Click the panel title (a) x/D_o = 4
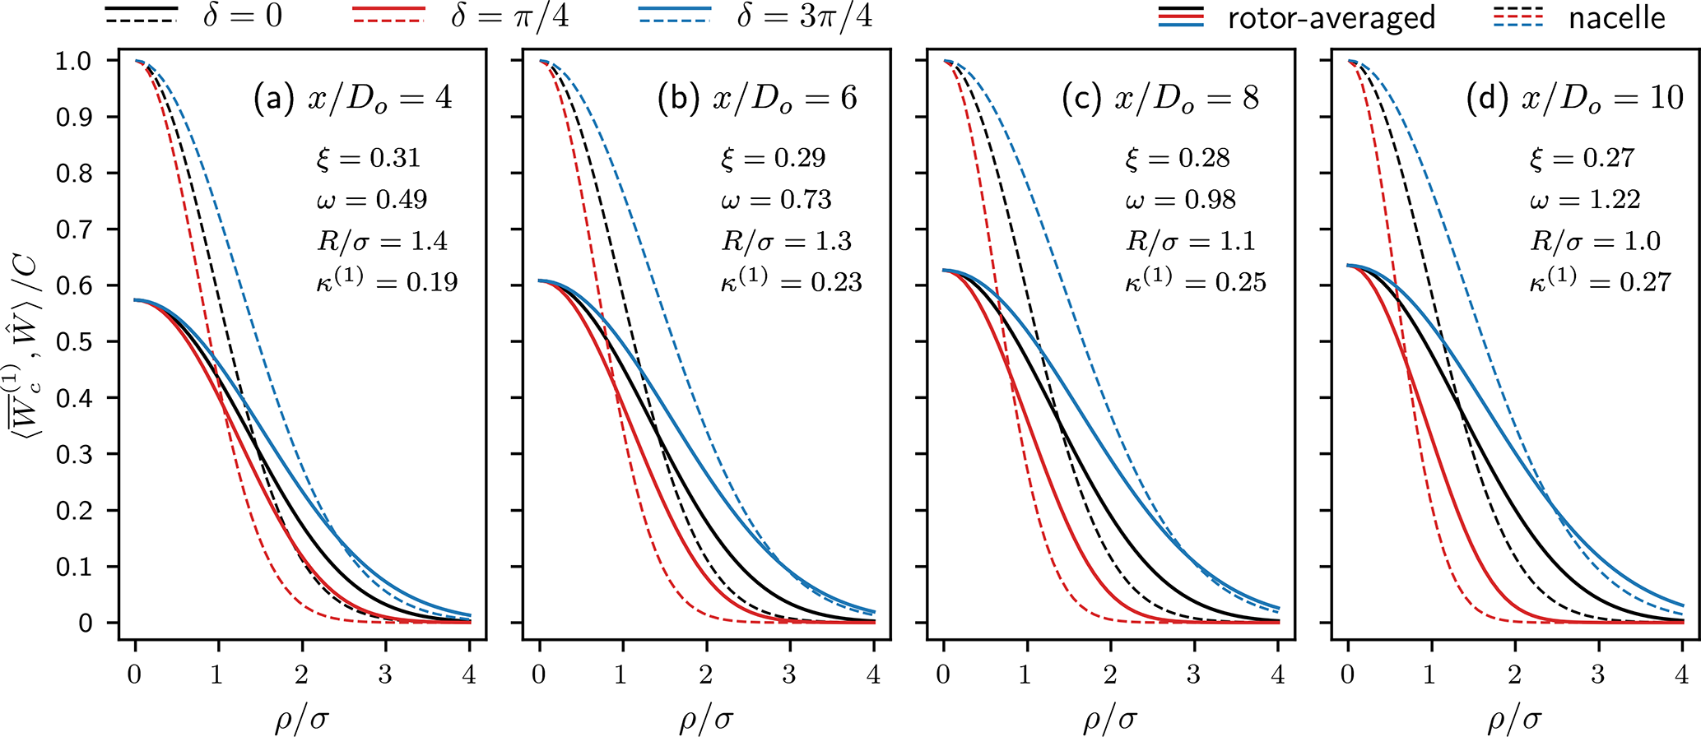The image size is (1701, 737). coord(353,99)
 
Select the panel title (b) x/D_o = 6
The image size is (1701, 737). coord(757,99)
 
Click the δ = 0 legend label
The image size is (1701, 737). coord(243,16)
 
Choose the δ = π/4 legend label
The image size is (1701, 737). coord(509,16)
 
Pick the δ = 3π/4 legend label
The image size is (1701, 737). coord(804,16)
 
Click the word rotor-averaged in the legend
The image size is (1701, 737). coord(1332,17)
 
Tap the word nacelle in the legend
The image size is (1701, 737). coord(1617,17)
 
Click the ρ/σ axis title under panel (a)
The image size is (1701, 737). coord(302,719)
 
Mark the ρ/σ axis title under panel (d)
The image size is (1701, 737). coord(1514,719)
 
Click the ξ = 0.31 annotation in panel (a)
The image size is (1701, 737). coord(369,158)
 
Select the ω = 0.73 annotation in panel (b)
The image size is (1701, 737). coord(776,200)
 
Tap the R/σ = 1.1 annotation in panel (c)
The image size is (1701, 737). coord(1190,241)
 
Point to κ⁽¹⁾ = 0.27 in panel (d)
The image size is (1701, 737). coord(1600,280)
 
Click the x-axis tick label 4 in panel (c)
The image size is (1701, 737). coord(1277,675)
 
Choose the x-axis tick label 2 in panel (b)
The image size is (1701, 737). coord(705,675)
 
